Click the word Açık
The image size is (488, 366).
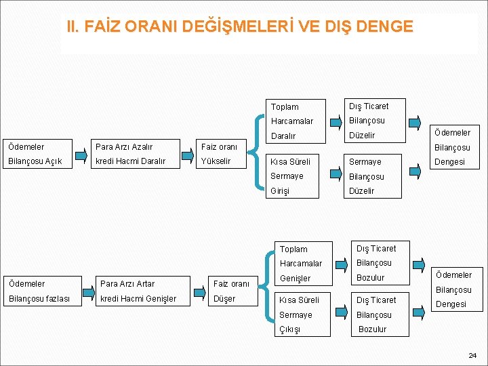[52, 161]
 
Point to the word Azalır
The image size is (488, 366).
[143, 147]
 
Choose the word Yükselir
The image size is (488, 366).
[216, 161]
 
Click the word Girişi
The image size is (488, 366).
[280, 191]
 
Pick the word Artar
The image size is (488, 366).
[146, 284]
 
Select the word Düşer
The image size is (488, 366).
[224, 299]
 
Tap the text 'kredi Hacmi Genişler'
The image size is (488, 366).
[138, 299]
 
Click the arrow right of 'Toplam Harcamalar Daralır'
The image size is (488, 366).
[335, 121]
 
